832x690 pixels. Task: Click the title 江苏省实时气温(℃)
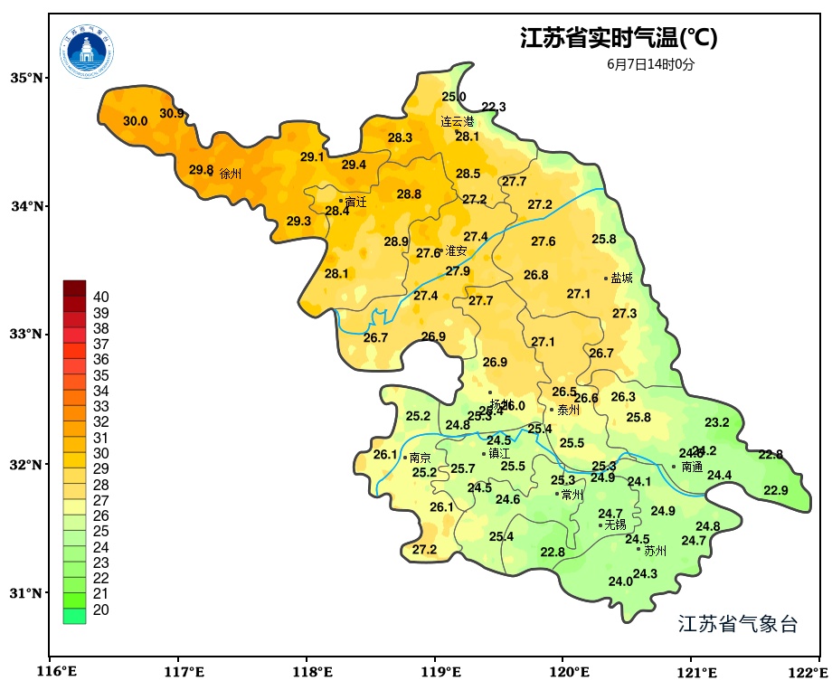tap(619, 38)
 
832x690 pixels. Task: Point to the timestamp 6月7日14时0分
tap(650, 64)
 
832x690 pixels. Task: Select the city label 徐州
tap(231, 174)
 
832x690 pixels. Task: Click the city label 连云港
tap(457, 121)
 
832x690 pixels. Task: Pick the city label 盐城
tap(621, 279)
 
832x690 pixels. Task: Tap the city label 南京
tap(420, 458)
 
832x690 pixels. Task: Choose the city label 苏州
tap(655, 551)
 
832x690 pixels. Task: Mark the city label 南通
tap(692, 468)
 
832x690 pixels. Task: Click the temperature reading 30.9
tap(172, 114)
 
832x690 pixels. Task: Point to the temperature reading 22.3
tap(494, 107)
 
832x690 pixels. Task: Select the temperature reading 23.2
tap(717, 422)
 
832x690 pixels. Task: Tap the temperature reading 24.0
tap(620, 581)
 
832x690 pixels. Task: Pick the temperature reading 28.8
tap(409, 194)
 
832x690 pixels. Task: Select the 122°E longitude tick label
tap(810, 672)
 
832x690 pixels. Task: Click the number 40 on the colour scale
tap(101, 297)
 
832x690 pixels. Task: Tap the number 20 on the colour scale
tap(101, 610)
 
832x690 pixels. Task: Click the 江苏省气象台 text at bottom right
tap(738, 624)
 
